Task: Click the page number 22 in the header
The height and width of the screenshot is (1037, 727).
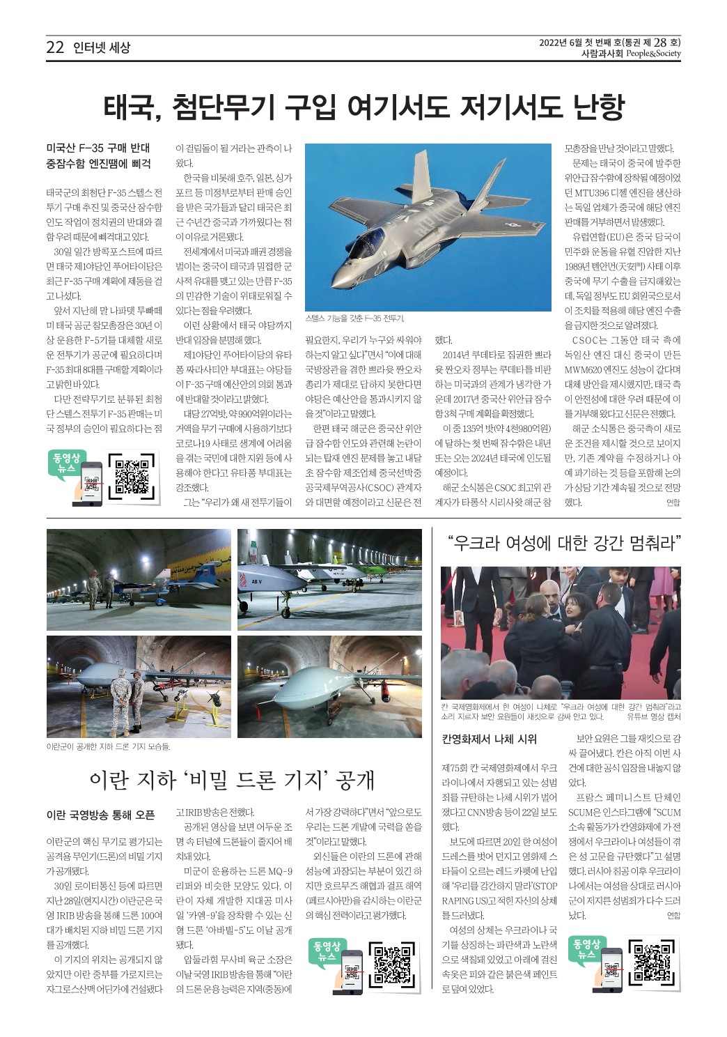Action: [x=55, y=47]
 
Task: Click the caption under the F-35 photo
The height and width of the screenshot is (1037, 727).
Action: [x=354, y=318]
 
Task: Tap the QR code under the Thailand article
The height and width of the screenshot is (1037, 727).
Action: [x=132, y=477]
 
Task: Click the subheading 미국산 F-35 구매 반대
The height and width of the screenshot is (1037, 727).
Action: [x=98, y=148]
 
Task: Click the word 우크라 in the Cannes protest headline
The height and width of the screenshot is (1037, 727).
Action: [x=489, y=542]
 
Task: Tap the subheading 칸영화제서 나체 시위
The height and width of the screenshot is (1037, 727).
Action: [x=490, y=739]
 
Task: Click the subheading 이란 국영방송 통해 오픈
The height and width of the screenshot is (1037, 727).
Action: [x=100, y=815]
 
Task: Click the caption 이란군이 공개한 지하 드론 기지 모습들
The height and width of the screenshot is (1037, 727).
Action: [x=108, y=746]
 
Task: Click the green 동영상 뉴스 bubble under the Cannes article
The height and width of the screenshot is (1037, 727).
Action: [x=586, y=948]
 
